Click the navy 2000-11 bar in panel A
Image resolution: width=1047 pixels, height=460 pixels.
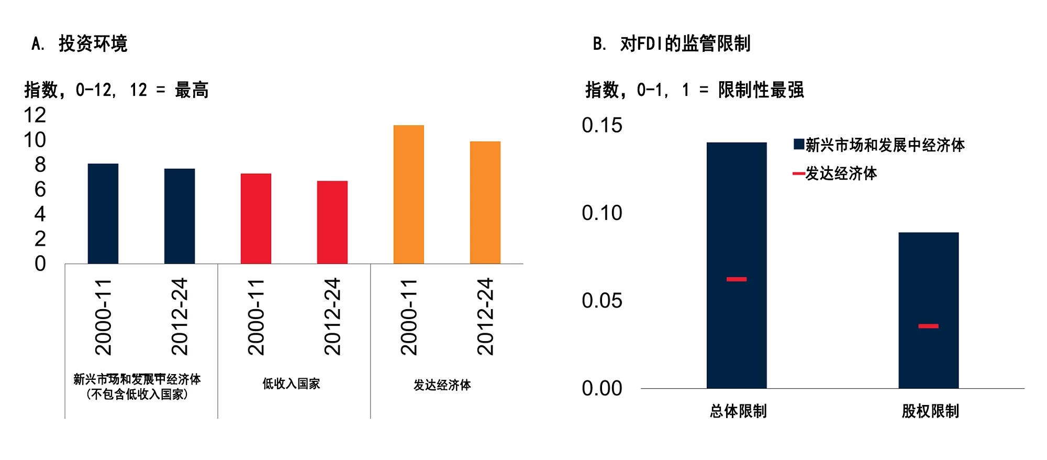coord(103,214)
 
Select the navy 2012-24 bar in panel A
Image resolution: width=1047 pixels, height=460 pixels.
coord(180,216)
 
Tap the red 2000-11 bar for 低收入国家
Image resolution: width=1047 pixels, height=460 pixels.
coord(256,218)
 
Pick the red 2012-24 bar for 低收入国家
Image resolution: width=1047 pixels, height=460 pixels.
coord(332,222)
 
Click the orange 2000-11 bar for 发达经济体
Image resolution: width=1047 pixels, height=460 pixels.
coord(409,194)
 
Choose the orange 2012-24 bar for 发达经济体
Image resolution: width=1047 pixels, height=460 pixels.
coord(485,202)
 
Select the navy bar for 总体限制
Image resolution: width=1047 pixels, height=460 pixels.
coord(737,220)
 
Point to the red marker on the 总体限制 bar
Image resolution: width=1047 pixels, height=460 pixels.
coord(737,279)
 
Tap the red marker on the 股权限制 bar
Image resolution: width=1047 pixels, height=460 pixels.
coord(929,326)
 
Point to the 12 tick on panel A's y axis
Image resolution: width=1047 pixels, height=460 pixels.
coord(35,115)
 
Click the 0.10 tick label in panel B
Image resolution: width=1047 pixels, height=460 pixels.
coord(602,213)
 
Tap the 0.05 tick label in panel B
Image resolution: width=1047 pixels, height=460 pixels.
coord(602,301)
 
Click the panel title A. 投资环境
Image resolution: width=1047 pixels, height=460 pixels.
coord(80,43)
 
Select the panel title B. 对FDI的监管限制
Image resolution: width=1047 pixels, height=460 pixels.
coord(672,43)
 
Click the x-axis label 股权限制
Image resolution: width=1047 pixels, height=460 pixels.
coord(930,411)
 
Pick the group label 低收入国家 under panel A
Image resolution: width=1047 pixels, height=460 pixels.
coord(291,384)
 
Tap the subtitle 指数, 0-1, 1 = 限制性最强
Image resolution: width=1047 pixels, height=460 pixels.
coord(694,90)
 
